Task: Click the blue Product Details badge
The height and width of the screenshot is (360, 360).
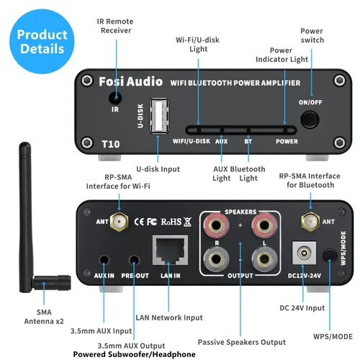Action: tap(42, 42)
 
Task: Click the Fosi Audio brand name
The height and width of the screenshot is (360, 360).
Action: tap(130, 81)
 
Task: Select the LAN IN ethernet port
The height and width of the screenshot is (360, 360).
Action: tap(170, 251)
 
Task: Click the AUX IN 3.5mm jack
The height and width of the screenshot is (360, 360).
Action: tap(106, 260)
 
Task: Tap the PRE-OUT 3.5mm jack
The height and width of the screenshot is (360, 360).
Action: tap(134, 261)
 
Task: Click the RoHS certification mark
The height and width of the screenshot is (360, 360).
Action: tap(171, 222)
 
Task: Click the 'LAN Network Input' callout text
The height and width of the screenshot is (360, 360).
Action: tap(170, 316)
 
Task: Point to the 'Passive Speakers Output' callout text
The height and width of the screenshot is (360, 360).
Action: tap(241, 341)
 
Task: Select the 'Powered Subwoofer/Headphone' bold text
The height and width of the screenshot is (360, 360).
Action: tap(134, 354)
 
